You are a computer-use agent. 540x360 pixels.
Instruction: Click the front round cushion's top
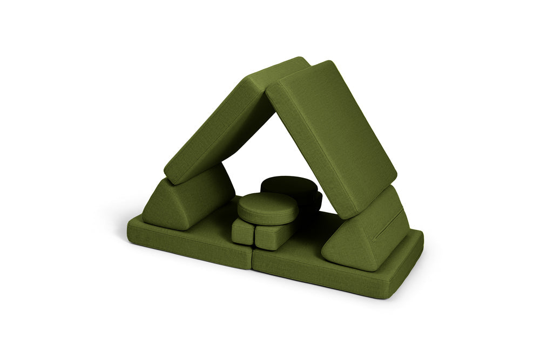(267, 205)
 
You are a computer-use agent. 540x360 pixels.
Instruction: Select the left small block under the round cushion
(242, 231)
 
